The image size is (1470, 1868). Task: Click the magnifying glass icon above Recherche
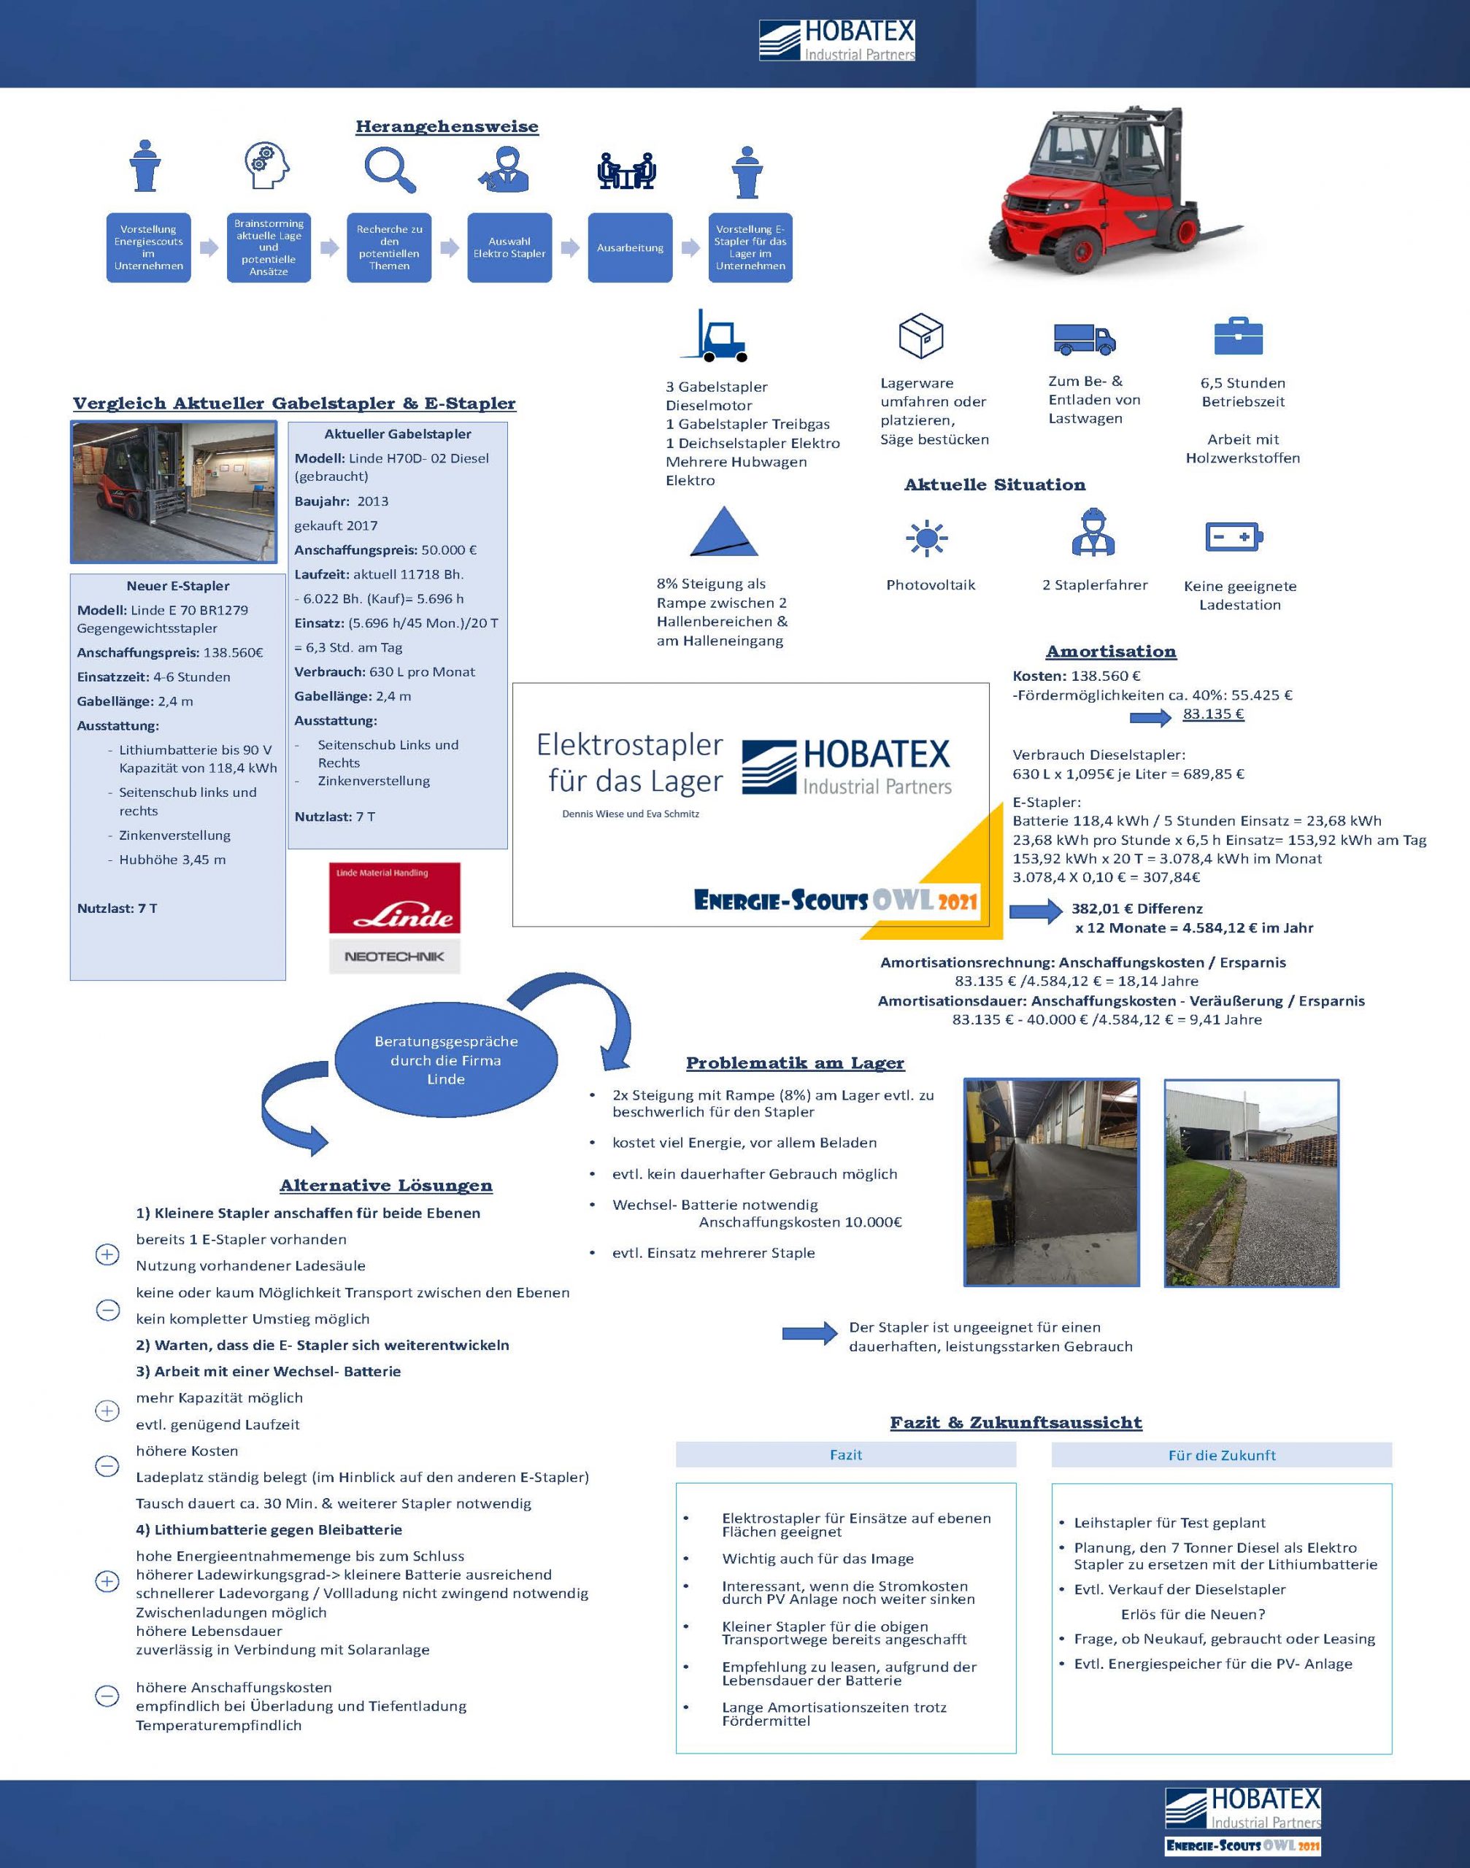point(390,169)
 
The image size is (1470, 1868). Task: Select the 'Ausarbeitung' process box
point(630,248)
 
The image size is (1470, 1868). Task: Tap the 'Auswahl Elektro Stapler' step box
point(509,248)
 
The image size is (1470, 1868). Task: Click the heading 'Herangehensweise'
point(447,126)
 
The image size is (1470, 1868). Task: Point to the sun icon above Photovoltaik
point(926,539)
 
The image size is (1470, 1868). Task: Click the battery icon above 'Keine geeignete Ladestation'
point(1234,537)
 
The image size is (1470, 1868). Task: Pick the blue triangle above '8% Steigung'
point(723,532)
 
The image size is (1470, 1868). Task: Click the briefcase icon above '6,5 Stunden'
point(1239,336)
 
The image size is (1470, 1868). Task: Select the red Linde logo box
point(394,898)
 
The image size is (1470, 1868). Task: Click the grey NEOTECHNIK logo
point(394,956)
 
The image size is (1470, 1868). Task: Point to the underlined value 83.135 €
point(1212,714)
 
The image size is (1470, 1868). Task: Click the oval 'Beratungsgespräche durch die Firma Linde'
point(446,1060)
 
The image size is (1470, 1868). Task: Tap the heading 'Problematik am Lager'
point(796,1062)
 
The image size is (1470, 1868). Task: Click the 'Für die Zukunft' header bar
point(1221,1455)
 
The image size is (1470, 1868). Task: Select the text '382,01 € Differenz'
point(1137,908)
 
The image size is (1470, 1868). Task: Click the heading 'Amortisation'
point(1111,652)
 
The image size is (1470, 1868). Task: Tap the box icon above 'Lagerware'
point(921,336)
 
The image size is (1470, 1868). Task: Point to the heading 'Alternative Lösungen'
point(385,1186)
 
